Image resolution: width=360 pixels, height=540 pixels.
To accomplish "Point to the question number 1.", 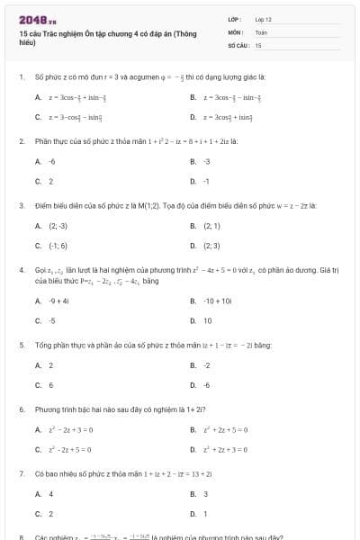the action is point(21,77).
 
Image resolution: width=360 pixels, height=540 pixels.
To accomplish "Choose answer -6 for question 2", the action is point(51,161).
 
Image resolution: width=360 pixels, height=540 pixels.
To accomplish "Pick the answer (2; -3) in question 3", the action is point(58,225).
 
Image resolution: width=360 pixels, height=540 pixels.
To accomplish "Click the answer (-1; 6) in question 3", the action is point(58,245).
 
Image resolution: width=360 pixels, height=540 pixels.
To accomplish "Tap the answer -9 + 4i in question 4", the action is point(59,301).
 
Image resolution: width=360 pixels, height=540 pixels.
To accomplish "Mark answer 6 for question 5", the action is point(50,384).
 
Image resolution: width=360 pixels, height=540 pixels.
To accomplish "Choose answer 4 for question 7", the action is point(50,493).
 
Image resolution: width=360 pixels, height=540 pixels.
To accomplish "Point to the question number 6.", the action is point(21,409).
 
